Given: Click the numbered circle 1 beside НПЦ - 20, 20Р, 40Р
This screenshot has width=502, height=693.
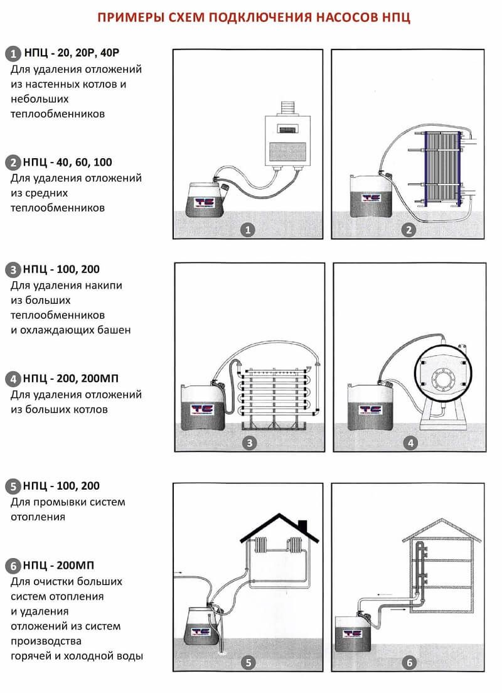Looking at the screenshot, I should click(13, 53).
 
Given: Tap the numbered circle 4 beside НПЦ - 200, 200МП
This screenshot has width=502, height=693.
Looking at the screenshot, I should click(13, 379).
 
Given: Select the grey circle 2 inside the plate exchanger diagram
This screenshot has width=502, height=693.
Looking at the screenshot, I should click(409, 230).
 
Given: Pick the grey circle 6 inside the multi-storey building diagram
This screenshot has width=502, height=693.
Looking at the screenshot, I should click(409, 662).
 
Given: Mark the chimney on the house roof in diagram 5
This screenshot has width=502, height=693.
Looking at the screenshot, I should click(302, 525).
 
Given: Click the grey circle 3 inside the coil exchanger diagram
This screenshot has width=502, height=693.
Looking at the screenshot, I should click(250, 443).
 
